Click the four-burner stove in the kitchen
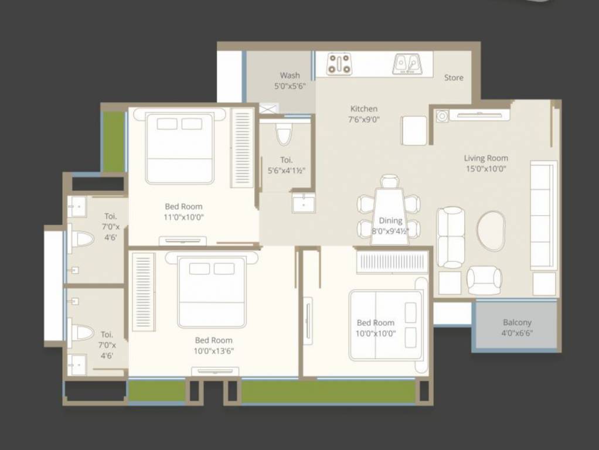pyautogui.click(x=339, y=64)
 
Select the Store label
pyautogui.click(x=454, y=77)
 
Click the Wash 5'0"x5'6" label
pyautogui.click(x=290, y=80)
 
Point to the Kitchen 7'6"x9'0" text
pyautogui.click(x=364, y=114)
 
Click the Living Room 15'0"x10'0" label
pyautogui.click(x=486, y=163)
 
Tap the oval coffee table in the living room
pyautogui.click(x=491, y=231)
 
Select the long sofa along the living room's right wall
pyautogui.click(x=543, y=215)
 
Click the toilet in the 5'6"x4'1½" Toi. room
pyautogui.click(x=284, y=134)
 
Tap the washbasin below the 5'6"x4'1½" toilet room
pyautogui.click(x=304, y=203)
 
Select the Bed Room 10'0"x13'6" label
pyautogui.click(x=214, y=346)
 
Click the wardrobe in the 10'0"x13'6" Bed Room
pyautogui.click(x=143, y=292)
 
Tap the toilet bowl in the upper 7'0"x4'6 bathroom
pyautogui.click(x=82, y=239)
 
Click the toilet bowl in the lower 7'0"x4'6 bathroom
pyautogui.click(x=82, y=333)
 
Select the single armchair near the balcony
pyautogui.click(x=484, y=280)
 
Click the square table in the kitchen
pyautogui.click(x=414, y=130)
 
